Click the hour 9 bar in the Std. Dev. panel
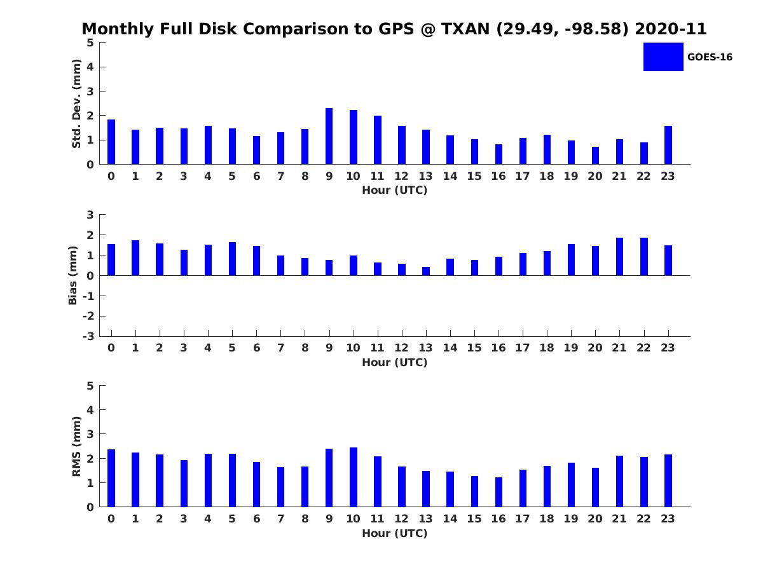[329, 136]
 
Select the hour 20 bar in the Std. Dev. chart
[595, 156]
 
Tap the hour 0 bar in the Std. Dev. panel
[111, 142]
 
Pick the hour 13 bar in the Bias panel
[426, 271]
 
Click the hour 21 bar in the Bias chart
[619, 257]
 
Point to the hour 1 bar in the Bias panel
[135, 258]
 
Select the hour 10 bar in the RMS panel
[353, 477]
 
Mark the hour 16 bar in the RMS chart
[498, 492]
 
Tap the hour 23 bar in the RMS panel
[668, 480]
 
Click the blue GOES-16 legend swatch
[663, 57]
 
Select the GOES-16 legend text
[710, 57]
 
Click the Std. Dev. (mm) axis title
[76, 104]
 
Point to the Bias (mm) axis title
[72, 275]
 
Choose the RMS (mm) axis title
[76, 446]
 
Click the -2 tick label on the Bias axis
[88, 316]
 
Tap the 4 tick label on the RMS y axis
[90, 410]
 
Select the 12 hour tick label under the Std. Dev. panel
[401, 176]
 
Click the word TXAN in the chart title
[465, 29]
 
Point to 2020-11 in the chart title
[671, 29]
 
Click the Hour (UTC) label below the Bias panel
[395, 362]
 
